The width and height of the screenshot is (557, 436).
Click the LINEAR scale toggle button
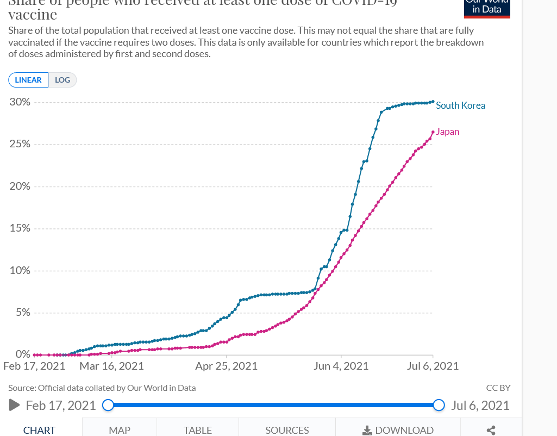pos(28,80)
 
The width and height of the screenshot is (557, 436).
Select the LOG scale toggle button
pos(62,80)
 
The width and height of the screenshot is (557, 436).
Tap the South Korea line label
pos(460,105)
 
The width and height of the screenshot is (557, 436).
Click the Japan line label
pos(448,132)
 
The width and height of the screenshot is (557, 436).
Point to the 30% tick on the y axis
pos(20,102)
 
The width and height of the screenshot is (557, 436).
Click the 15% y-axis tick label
pos(20,228)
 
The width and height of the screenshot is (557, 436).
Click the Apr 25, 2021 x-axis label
pos(226,366)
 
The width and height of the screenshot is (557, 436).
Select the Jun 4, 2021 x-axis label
pos(341,366)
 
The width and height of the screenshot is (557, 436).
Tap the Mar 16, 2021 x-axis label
pos(111,366)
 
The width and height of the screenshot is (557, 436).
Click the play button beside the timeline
pos(15,405)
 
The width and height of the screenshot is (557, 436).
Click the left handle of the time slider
pos(108,405)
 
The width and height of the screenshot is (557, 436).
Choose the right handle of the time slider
pos(439,405)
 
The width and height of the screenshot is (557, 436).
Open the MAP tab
pos(120,430)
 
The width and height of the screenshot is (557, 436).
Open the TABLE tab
pos(198,430)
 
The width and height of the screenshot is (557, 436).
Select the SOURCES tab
pos(287,430)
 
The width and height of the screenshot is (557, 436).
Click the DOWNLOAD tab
pos(398,430)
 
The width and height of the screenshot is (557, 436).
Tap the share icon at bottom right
pos(491,430)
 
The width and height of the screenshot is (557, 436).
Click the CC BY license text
pos(498,388)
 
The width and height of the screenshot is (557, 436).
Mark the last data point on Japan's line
pos(433,132)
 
